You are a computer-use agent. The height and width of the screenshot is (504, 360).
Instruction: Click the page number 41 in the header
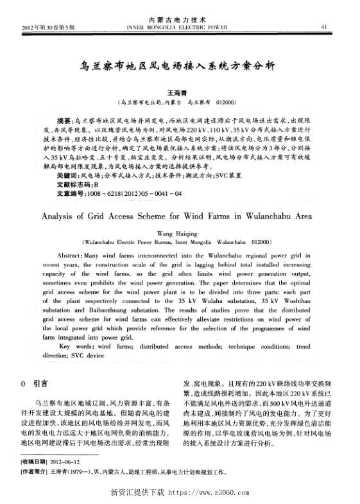324,27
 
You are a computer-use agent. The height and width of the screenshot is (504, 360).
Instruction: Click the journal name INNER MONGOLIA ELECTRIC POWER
179,28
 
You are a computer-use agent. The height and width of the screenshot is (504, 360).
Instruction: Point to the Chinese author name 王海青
176,92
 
